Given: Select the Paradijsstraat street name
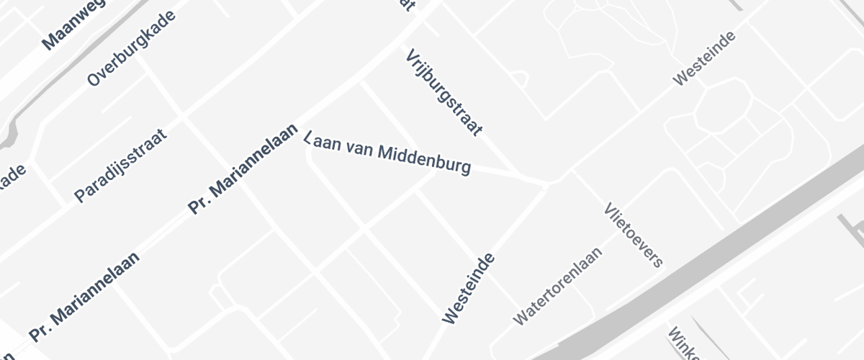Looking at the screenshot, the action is click(x=120, y=166).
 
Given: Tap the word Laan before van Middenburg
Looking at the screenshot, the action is click(x=324, y=141).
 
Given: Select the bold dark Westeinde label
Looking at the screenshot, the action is click(x=468, y=287).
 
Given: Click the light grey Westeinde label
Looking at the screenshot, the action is click(x=704, y=58).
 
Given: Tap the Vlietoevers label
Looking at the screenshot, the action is click(x=634, y=235).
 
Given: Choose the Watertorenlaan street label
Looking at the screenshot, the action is click(x=557, y=285).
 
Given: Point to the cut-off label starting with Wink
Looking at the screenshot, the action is click(x=683, y=344).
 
